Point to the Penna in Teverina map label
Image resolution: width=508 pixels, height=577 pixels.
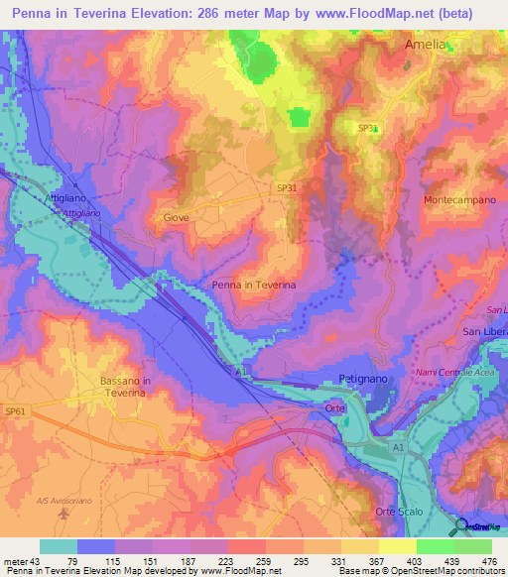[254, 285]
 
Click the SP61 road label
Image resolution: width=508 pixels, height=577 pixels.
[16, 410]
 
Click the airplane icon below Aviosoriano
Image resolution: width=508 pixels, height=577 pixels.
[64, 515]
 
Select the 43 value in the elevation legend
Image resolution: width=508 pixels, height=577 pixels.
[47, 560]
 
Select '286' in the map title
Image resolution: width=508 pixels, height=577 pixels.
[231, 14]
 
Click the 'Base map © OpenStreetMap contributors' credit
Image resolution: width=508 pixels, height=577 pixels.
[421, 571]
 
